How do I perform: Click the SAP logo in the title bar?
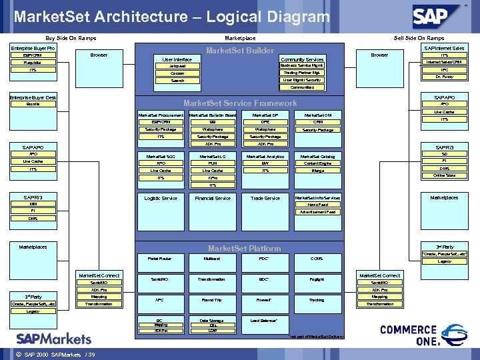436,15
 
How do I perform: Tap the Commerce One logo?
413,335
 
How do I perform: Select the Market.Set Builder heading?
240,51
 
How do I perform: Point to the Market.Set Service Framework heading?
240,103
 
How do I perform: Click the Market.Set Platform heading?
244,249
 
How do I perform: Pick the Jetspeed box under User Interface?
177,66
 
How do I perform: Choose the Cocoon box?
177,73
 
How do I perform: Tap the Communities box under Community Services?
302,87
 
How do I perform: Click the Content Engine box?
317,163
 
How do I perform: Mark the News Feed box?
317,205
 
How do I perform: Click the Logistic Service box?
161,198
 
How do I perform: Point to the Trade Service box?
265,198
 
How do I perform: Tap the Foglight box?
317,279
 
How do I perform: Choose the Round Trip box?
212,300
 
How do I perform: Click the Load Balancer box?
264,321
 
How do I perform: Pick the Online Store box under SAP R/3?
444,175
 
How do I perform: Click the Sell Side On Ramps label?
419,38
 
